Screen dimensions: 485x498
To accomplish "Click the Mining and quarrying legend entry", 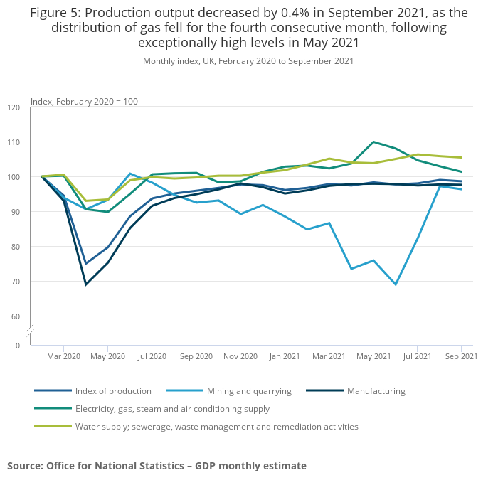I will point(249,391).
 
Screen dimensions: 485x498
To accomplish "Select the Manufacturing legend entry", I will point(376,391).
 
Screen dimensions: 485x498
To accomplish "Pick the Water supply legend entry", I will point(216,427).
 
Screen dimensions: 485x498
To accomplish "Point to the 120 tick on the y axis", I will point(14,107).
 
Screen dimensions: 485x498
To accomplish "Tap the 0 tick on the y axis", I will point(18,346).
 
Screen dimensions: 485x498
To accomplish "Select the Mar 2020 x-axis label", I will point(64,356).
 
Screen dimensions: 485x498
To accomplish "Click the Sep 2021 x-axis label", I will point(461,356).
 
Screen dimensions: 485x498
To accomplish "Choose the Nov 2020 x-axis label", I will point(240,356).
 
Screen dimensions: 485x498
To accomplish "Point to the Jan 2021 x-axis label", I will point(285,356).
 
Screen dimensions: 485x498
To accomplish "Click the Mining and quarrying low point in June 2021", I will point(396,284).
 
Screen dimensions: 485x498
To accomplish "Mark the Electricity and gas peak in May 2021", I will point(373,142).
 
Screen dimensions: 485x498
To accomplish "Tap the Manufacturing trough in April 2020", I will point(86,284).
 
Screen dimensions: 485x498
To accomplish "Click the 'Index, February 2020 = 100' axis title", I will point(84,102).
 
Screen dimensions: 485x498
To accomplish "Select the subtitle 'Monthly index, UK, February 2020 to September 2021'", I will point(248,61).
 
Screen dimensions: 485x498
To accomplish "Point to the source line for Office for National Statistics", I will point(157,466).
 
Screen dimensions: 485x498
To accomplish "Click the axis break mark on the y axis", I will point(31,331).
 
